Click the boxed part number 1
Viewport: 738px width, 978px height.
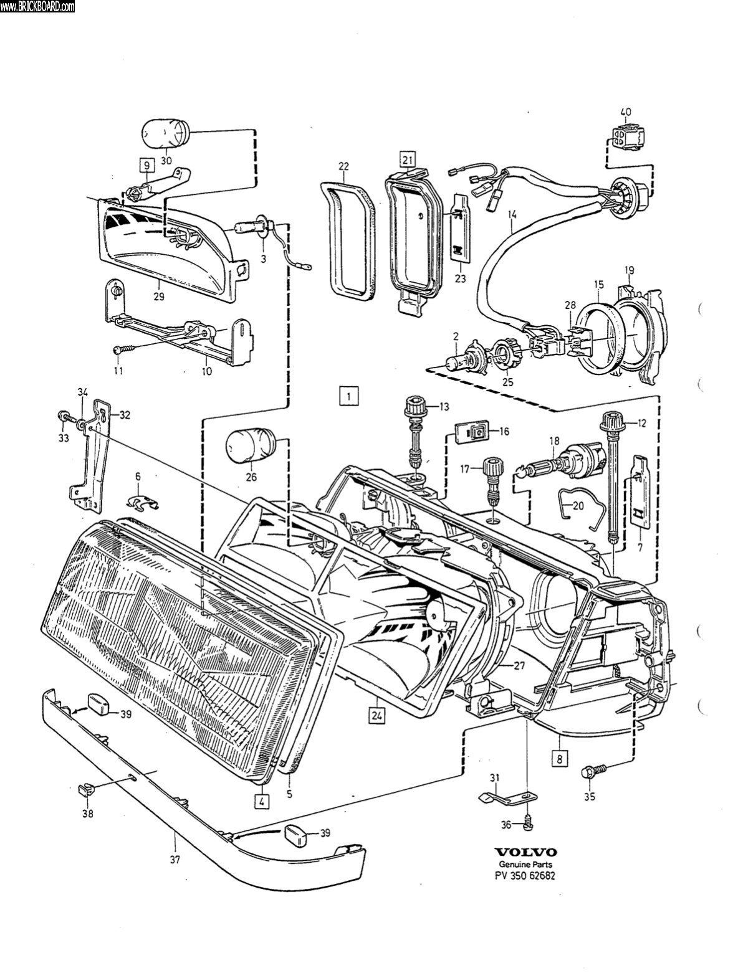coord(350,396)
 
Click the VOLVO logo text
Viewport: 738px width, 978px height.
coord(525,852)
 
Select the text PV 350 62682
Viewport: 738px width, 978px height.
coord(525,875)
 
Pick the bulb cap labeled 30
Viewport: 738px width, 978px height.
coord(166,134)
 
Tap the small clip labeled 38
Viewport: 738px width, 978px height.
coord(86,790)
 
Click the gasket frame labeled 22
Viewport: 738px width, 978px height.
coord(348,240)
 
